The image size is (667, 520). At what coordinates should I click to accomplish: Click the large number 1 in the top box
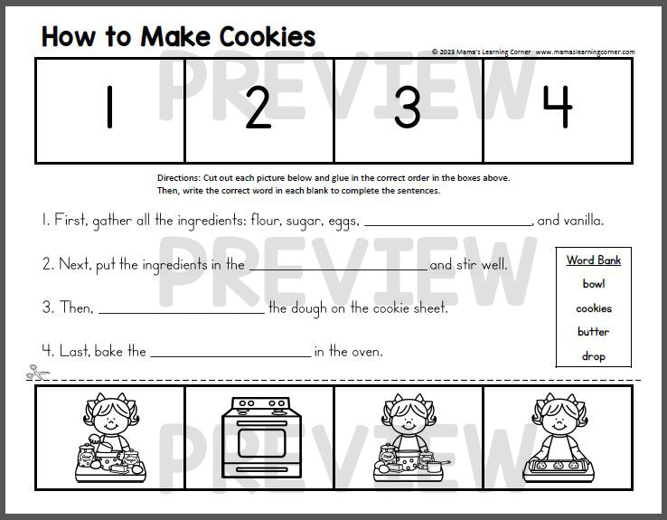click(x=109, y=109)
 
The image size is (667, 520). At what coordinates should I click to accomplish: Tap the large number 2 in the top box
click(x=258, y=109)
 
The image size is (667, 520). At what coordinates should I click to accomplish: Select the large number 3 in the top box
click(x=408, y=109)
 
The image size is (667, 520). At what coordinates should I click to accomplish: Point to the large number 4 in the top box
click(x=557, y=109)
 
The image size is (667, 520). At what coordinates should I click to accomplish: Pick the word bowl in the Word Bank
click(x=594, y=284)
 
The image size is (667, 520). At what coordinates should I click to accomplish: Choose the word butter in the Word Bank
click(x=594, y=332)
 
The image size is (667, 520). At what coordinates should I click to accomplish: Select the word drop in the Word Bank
click(x=594, y=356)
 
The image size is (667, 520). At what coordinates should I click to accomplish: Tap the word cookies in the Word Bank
click(x=594, y=308)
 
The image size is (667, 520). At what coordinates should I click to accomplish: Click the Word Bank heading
click(x=594, y=260)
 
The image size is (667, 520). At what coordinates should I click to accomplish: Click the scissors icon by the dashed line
click(x=34, y=372)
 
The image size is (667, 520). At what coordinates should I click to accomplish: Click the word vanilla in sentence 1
click(x=583, y=220)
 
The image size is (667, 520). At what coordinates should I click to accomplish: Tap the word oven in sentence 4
click(x=368, y=352)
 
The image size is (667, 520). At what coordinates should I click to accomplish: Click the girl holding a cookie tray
click(x=557, y=439)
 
